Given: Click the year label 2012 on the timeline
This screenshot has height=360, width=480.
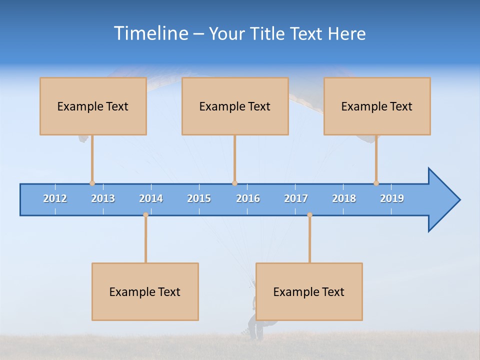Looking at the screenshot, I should (55, 198).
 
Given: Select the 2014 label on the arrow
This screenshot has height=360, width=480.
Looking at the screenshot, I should (151, 198).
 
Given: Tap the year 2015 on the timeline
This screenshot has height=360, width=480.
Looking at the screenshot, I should (199, 198).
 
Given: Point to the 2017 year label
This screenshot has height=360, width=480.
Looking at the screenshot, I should (296, 198).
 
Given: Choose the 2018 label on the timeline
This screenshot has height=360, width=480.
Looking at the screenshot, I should (344, 198).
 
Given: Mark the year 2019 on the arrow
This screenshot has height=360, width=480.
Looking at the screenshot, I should (392, 198).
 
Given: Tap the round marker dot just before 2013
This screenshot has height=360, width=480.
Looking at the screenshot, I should (92, 183).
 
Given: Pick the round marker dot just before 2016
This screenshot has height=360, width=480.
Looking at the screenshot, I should (234, 183).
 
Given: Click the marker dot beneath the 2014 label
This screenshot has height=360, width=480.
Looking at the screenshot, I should (145, 215).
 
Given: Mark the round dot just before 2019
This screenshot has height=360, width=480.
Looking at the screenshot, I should (376, 183).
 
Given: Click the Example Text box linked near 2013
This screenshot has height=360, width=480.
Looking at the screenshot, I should (93, 106).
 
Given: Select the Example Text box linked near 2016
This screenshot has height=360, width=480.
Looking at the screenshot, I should (235, 106).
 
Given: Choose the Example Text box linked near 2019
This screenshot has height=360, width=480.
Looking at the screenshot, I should (377, 106).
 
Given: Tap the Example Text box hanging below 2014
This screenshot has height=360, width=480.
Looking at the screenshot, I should (145, 291).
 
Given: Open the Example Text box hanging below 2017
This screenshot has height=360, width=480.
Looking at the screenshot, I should (309, 291).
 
